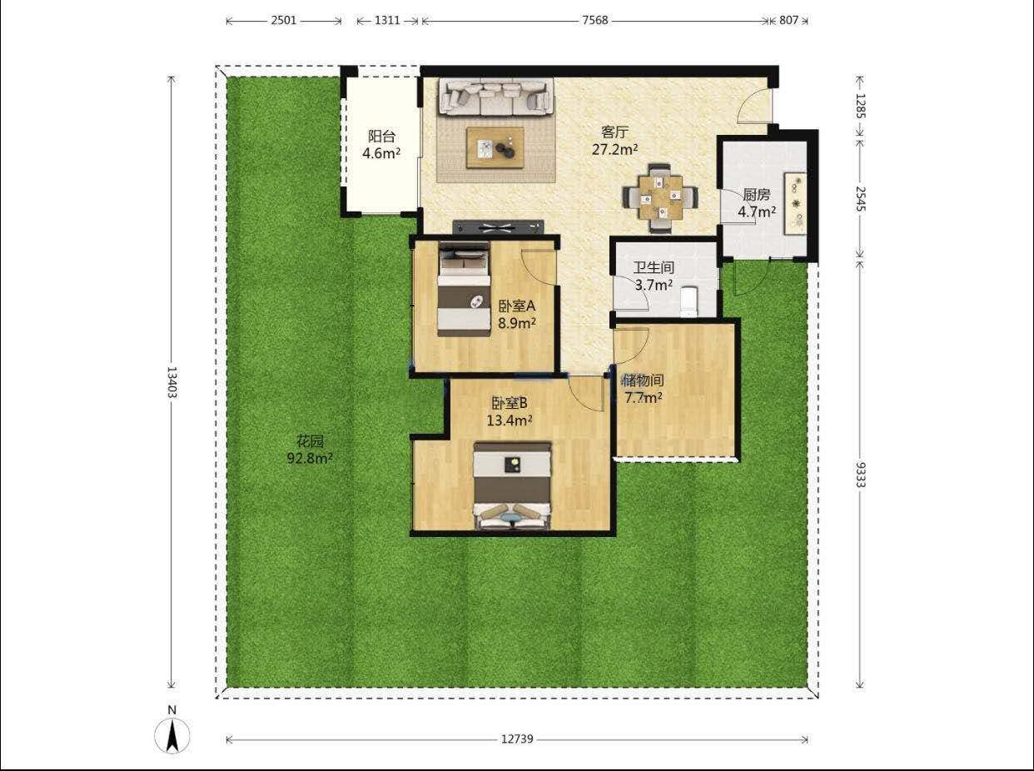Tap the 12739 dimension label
[x=517, y=739]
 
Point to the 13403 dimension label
[x=172, y=382]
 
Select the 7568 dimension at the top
[x=595, y=20]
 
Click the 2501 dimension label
[x=284, y=20]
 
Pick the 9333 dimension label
[x=860, y=475]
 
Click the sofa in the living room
[x=496, y=97]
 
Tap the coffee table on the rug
[x=495, y=147]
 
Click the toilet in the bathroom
[x=689, y=301]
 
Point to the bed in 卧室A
[x=464, y=289]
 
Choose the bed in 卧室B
[x=512, y=485]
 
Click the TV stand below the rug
[x=498, y=227]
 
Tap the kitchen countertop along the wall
[x=795, y=202]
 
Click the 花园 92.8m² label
[x=310, y=450]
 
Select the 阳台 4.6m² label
[x=381, y=145]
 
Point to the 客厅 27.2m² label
[x=614, y=141]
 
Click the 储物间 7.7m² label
[x=644, y=389]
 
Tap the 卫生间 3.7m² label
[x=654, y=276]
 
